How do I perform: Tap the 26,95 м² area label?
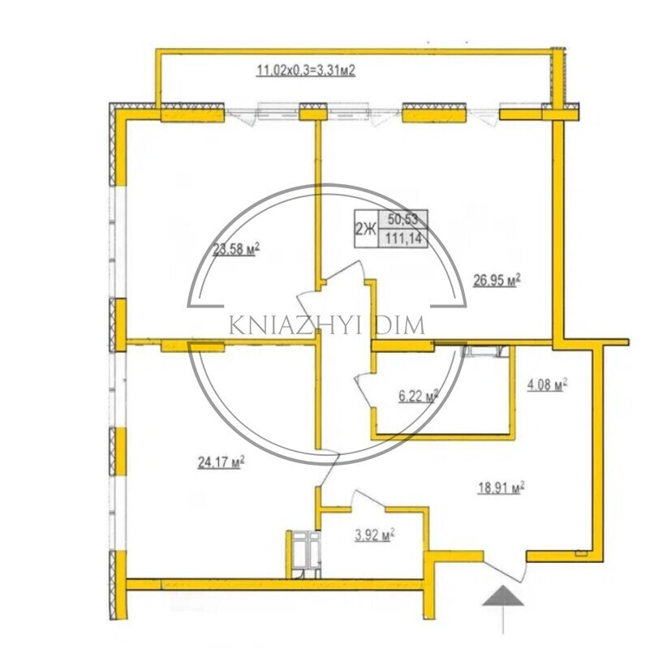pyautogui.click(x=497, y=280)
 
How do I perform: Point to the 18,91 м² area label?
pyautogui.click(x=501, y=488)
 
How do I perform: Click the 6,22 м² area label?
pyautogui.click(x=419, y=396)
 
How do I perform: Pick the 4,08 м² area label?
pyautogui.click(x=546, y=385)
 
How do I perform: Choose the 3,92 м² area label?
pyautogui.click(x=375, y=535)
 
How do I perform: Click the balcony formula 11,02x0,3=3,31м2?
pyautogui.click(x=305, y=70)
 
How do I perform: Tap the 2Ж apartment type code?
pyautogui.click(x=366, y=229)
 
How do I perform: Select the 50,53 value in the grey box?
pyautogui.click(x=402, y=219)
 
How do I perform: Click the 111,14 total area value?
pyautogui.click(x=403, y=239)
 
